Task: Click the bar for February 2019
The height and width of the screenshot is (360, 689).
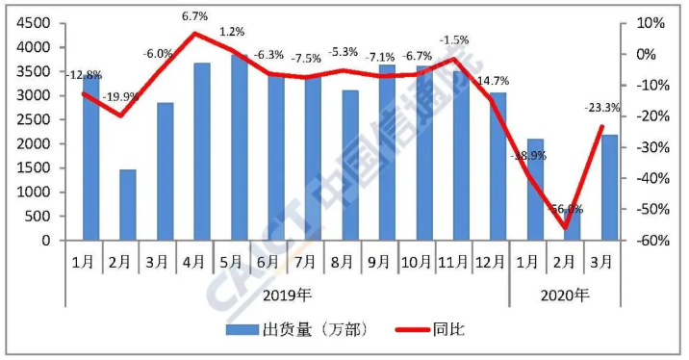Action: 127,205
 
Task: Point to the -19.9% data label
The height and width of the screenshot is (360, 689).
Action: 121,96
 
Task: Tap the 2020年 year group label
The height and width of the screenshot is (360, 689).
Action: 563,294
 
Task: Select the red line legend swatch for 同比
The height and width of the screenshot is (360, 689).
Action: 413,330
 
